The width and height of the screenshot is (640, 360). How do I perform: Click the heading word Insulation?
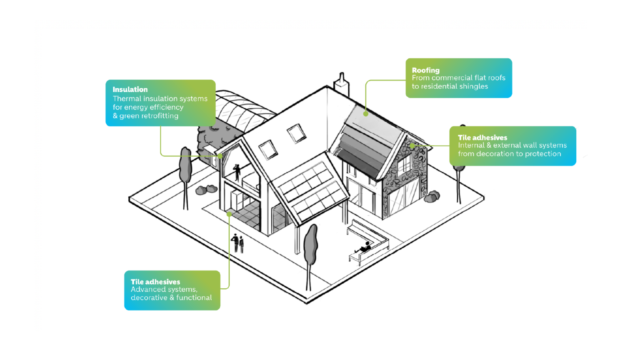pyautogui.click(x=130, y=90)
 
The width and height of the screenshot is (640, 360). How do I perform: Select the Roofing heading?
pyautogui.click(x=426, y=70)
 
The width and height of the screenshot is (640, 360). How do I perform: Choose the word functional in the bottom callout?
pyautogui.click(x=194, y=297)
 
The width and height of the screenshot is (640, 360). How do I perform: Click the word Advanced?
pyautogui.click(x=146, y=289)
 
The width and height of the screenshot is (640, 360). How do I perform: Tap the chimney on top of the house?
pyautogui.click(x=342, y=84)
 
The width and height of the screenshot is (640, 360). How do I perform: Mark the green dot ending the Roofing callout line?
pyautogui.click(x=366, y=114)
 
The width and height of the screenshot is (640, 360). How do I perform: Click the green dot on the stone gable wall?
pyautogui.click(x=412, y=146)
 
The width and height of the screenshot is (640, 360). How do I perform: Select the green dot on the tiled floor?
pyautogui.click(x=229, y=214)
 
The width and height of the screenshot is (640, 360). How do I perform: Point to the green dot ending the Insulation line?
pyautogui.click(x=220, y=156)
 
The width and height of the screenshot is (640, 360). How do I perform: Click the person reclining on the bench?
pyautogui.click(x=364, y=247)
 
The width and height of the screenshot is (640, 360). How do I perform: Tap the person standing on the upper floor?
pyautogui.click(x=237, y=172)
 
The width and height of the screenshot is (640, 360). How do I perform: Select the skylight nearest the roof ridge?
pyautogui.click(x=296, y=133)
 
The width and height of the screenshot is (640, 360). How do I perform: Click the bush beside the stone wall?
pyautogui.click(x=432, y=197)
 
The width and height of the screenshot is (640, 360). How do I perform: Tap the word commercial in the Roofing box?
pyautogui.click(x=457, y=78)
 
